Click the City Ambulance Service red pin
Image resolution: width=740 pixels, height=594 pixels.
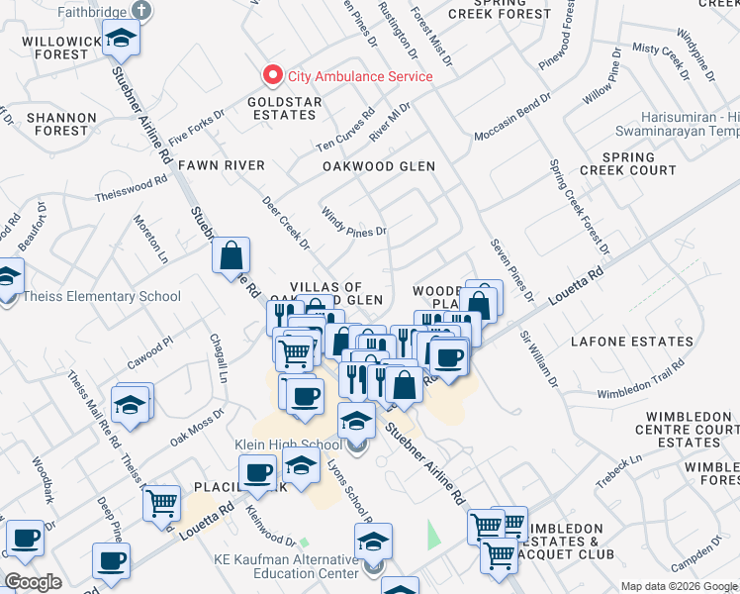pyautogui.click(x=270, y=75)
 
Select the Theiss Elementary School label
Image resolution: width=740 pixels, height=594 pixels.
pyautogui.click(x=103, y=296)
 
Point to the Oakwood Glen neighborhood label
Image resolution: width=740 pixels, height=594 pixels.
pyautogui.click(x=379, y=166)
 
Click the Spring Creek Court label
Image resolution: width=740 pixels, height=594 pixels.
pyautogui.click(x=628, y=164)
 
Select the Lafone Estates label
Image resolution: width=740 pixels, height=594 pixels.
pyautogui.click(x=632, y=342)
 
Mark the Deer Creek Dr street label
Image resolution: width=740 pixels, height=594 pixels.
pyautogui.click(x=286, y=223)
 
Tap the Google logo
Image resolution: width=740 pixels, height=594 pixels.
pyautogui.click(x=34, y=582)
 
